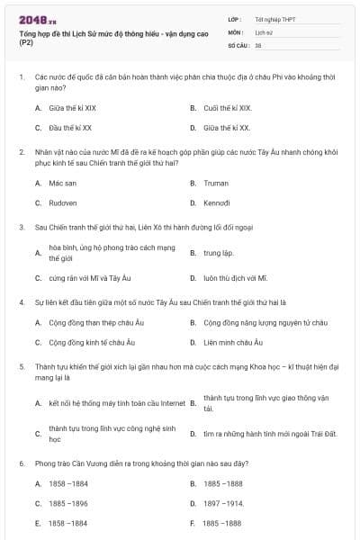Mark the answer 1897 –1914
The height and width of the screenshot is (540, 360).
(223, 504)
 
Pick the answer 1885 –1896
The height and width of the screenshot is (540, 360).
(68, 504)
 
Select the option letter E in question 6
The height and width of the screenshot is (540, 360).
(38, 523)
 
